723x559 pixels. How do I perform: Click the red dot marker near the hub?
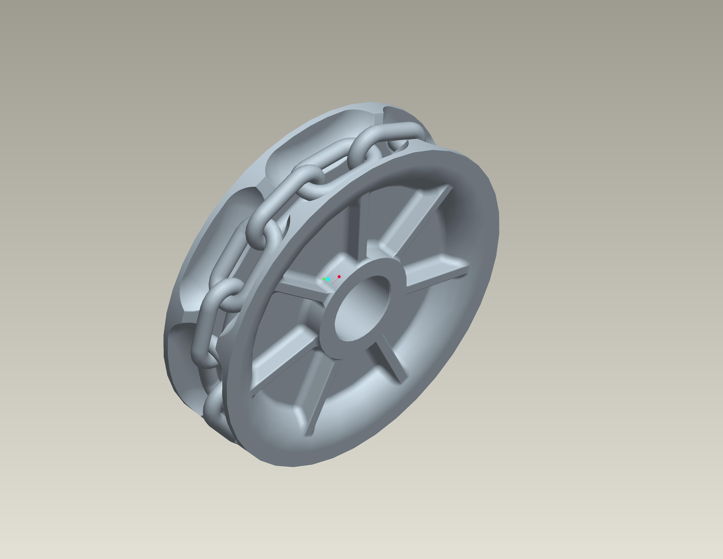pyautogui.click(x=339, y=277)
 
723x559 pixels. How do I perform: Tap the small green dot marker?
pyautogui.click(x=324, y=279)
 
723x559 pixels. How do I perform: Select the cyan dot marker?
pyautogui.click(x=328, y=279)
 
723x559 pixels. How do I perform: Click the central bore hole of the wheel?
pyautogui.click(x=362, y=308)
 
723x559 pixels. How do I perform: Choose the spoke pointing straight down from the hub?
pyautogui.click(x=318, y=391)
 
